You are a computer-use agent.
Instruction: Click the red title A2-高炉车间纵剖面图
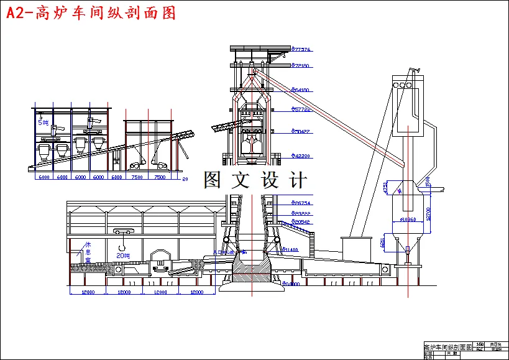coord(91,13)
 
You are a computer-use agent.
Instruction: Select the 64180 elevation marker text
coord(302,90)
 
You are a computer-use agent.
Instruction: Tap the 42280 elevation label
coord(302,156)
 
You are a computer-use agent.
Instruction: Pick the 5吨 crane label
coord(43,122)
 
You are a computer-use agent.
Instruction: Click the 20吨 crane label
coord(124,255)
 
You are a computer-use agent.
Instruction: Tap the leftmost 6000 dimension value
coord(44,177)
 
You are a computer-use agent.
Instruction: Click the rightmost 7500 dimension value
coord(160,177)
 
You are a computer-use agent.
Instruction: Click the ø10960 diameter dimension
coord(408,219)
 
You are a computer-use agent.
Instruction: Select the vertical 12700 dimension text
coord(428,213)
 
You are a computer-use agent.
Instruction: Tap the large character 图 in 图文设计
coord(213,180)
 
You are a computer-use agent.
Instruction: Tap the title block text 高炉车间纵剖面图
coord(447,346)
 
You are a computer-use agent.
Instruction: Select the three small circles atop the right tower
coord(402,84)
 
